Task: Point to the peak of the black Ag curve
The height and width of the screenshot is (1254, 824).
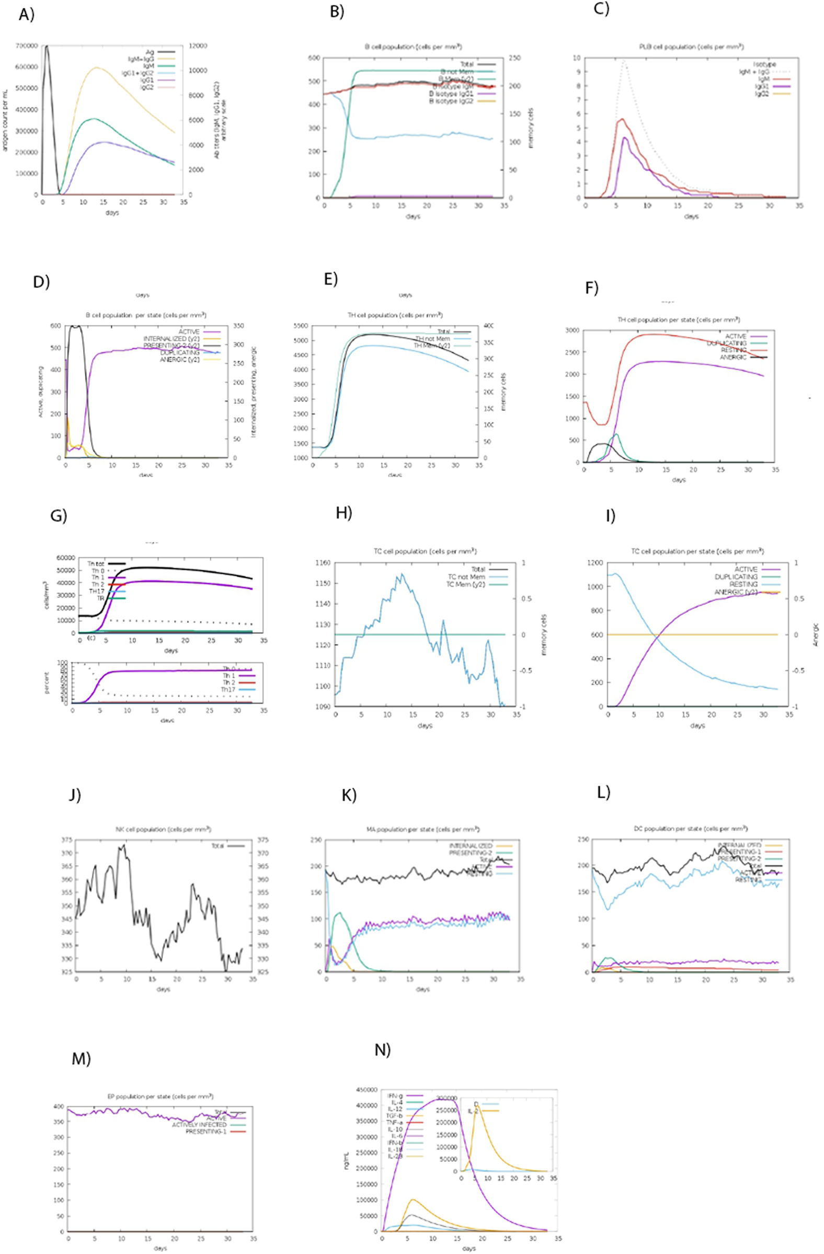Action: click(x=47, y=47)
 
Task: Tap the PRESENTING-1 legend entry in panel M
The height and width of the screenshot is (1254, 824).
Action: click(x=206, y=1131)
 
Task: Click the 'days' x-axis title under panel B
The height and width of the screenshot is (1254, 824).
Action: click(x=413, y=217)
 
